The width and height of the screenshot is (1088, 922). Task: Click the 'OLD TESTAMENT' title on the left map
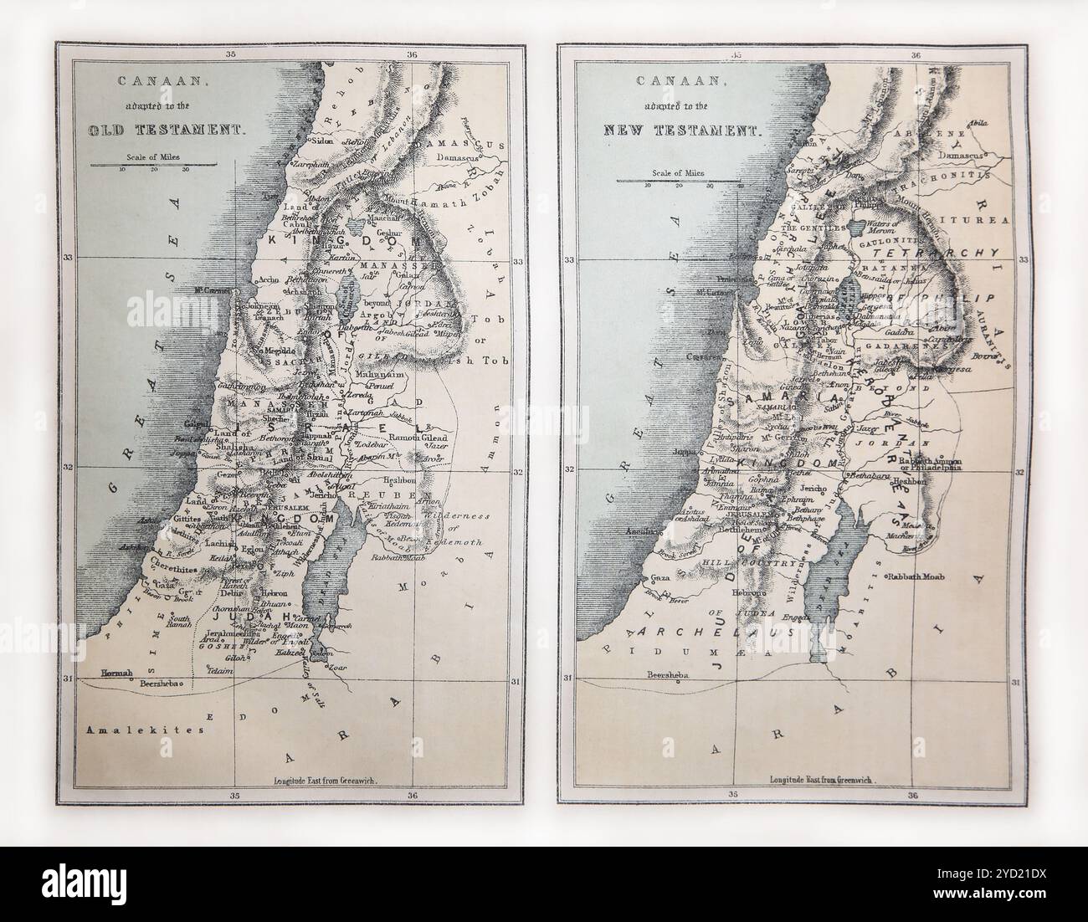165,131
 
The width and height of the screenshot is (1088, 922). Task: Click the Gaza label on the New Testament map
659,578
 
